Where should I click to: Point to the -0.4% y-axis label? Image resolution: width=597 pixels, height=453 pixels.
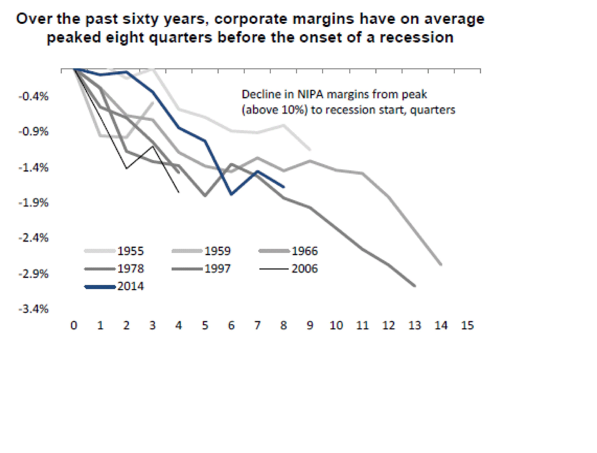(34, 96)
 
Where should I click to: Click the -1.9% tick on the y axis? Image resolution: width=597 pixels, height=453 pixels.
(34, 203)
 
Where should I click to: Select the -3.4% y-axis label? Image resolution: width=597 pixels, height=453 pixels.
(34, 309)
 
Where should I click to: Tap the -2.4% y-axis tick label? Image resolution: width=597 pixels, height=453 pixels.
(34, 238)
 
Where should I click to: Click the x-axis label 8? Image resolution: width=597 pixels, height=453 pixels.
(283, 326)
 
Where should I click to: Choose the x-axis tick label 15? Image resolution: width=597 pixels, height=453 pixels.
(467, 326)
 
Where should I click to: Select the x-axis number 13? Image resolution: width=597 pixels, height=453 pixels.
(415, 326)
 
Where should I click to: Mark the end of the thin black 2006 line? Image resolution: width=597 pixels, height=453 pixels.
(179, 192)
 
